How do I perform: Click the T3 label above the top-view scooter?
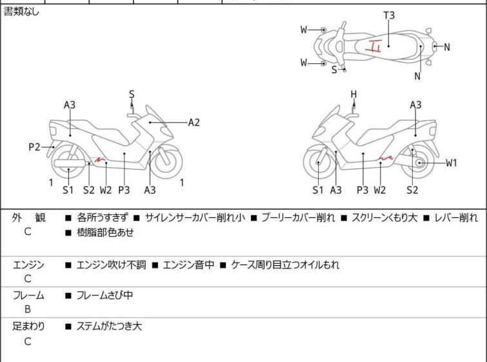tap(389, 15)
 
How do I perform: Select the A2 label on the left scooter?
tap(194, 121)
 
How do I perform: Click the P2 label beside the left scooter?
tap(35, 147)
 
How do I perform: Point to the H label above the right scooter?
tap(353, 94)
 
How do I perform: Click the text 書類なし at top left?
tap(21, 12)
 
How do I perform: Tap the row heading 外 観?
tap(28, 217)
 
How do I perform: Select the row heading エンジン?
tap(28, 265)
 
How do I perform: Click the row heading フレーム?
tap(28, 296)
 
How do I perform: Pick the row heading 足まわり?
tap(28, 327)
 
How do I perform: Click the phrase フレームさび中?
tap(104, 296)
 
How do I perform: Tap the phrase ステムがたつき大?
tap(109, 327)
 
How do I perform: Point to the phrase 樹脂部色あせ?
tap(104, 232)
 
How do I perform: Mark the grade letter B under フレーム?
tap(28, 309)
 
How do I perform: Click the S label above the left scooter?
tap(132, 94)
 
